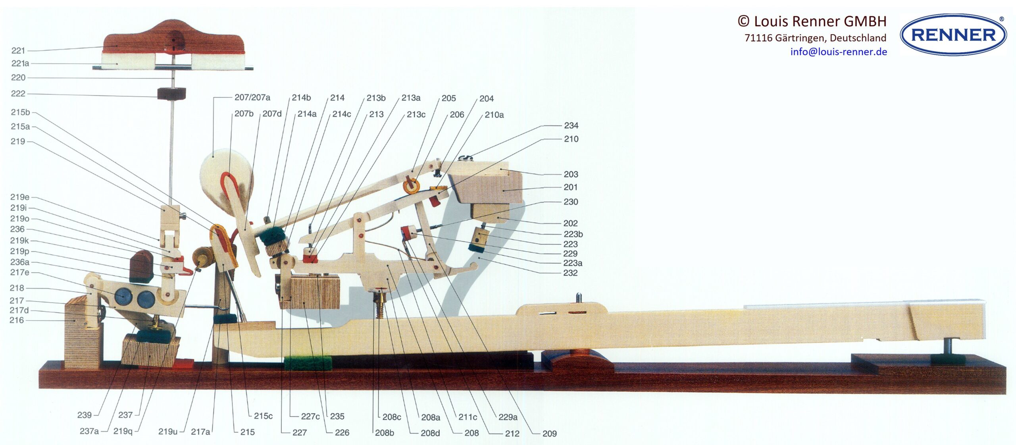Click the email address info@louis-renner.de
click(x=838, y=52)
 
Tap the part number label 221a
click(x=20, y=64)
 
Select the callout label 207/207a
click(x=252, y=98)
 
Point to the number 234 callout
click(x=571, y=126)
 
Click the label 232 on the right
click(x=570, y=273)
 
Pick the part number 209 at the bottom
click(x=549, y=433)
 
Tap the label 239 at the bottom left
click(x=84, y=415)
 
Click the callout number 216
click(x=17, y=320)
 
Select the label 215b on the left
click(x=20, y=112)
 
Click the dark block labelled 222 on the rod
click(x=171, y=94)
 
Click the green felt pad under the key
click(x=308, y=363)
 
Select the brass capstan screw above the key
click(x=380, y=304)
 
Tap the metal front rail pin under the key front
click(x=948, y=347)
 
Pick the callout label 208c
click(x=391, y=417)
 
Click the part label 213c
click(x=416, y=115)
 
